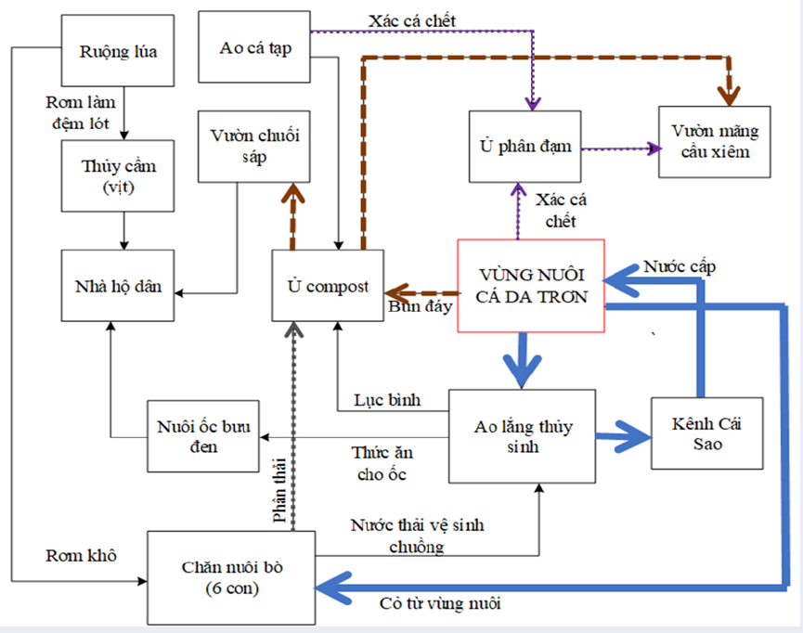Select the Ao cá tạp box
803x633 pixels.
click(255, 47)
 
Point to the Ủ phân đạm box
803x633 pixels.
click(525, 146)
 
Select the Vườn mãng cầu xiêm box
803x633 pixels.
click(714, 142)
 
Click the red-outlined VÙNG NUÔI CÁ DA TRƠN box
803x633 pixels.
click(531, 285)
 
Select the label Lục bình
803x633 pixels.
click(387, 401)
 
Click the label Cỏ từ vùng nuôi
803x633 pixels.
click(440, 604)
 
